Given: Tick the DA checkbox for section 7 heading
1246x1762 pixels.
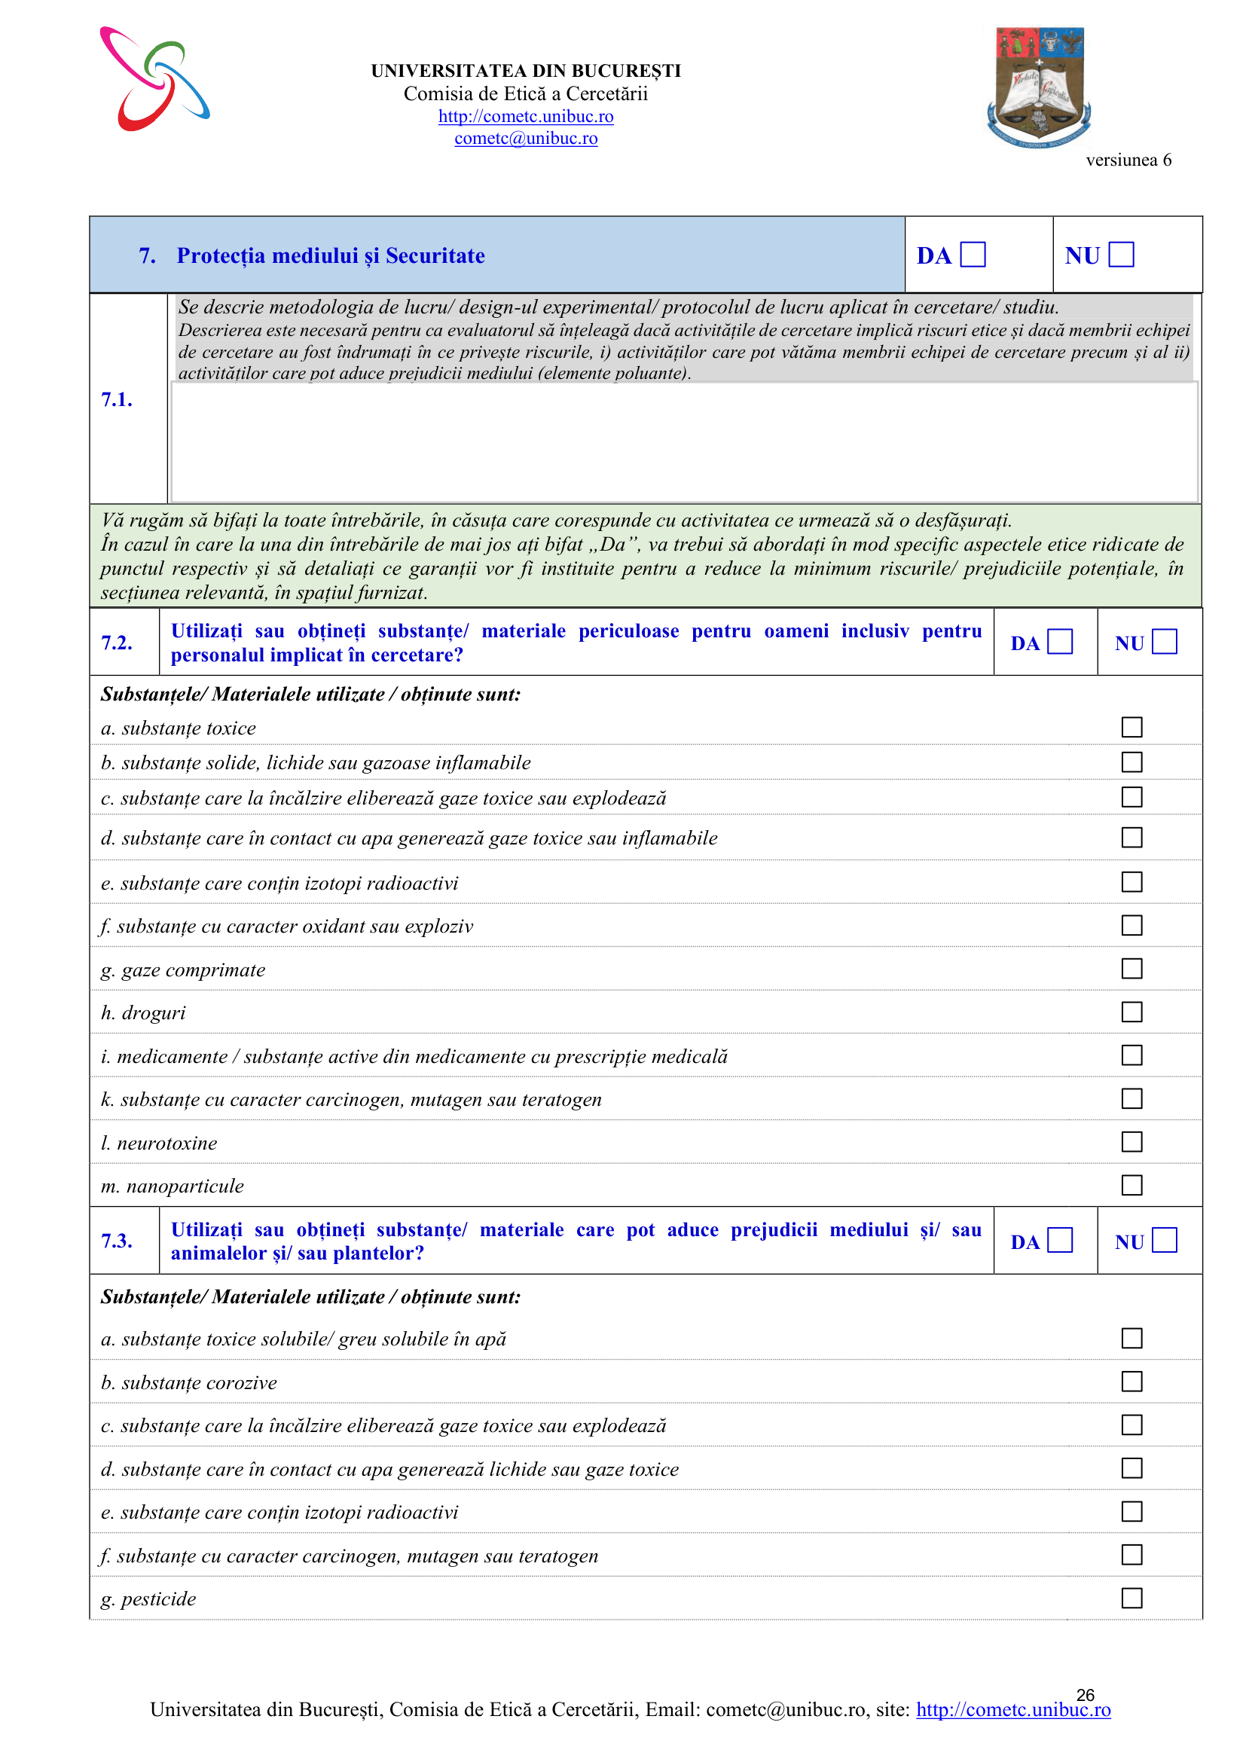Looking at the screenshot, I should pyautogui.click(x=973, y=254).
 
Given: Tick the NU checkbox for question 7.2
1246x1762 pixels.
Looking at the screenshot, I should pyautogui.click(x=1164, y=642).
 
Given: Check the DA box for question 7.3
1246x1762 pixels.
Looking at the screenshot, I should pyautogui.click(x=1060, y=1240).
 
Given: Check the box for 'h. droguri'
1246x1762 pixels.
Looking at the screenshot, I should pyautogui.click(x=1131, y=1012).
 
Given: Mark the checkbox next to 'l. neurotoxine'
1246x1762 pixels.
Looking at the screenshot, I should pyautogui.click(x=1131, y=1142).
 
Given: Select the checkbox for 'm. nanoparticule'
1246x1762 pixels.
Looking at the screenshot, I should pyautogui.click(x=1131, y=1185).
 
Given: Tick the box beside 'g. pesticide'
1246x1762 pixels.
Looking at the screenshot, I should pyautogui.click(x=1131, y=1598).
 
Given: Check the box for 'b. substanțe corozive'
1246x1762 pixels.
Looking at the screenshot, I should pyautogui.click(x=1131, y=1382).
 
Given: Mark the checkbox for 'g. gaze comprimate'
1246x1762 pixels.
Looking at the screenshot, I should pyautogui.click(x=1131, y=969).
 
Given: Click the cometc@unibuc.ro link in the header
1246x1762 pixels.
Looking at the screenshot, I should pyautogui.click(x=526, y=138).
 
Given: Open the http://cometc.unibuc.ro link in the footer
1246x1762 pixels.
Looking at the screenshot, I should pyautogui.click(x=1012, y=1710).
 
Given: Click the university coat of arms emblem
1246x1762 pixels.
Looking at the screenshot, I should pyautogui.click(x=1039, y=87).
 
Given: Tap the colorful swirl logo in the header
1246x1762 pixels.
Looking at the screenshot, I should pyautogui.click(x=154, y=79).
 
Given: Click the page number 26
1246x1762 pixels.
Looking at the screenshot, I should pyautogui.click(x=1085, y=1694).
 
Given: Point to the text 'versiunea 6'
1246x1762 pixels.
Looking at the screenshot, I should pyautogui.click(x=1128, y=160).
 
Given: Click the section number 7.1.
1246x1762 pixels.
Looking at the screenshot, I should pyautogui.click(x=117, y=399).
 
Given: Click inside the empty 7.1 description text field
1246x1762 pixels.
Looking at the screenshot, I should pyautogui.click(x=683, y=441).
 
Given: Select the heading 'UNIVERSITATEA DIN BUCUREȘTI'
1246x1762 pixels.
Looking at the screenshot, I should pyautogui.click(x=526, y=71).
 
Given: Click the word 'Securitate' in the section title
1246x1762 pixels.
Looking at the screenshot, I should pyautogui.click(x=435, y=255).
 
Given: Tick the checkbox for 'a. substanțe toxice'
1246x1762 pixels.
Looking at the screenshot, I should pyautogui.click(x=1131, y=727).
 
